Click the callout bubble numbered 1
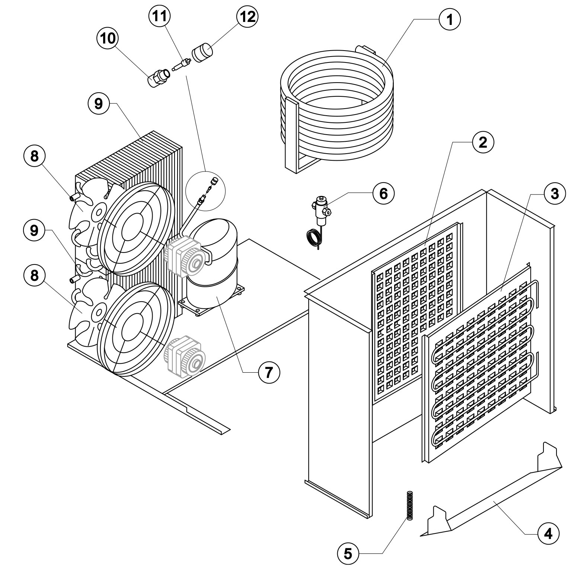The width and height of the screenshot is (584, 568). point(450,19)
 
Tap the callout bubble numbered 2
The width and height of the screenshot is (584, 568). point(483,142)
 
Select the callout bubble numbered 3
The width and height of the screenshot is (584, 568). point(555,193)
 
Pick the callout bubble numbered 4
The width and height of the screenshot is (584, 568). point(548,534)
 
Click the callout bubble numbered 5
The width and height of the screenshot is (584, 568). point(348,554)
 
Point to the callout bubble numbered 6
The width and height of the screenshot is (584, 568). point(383,193)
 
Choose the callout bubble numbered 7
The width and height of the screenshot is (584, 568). point(269,372)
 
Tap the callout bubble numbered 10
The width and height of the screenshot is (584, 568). point(108,38)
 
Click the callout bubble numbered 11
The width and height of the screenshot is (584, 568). point(159,16)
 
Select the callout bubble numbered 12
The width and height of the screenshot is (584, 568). point(247,16)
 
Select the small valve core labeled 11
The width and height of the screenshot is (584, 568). point(182,64)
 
